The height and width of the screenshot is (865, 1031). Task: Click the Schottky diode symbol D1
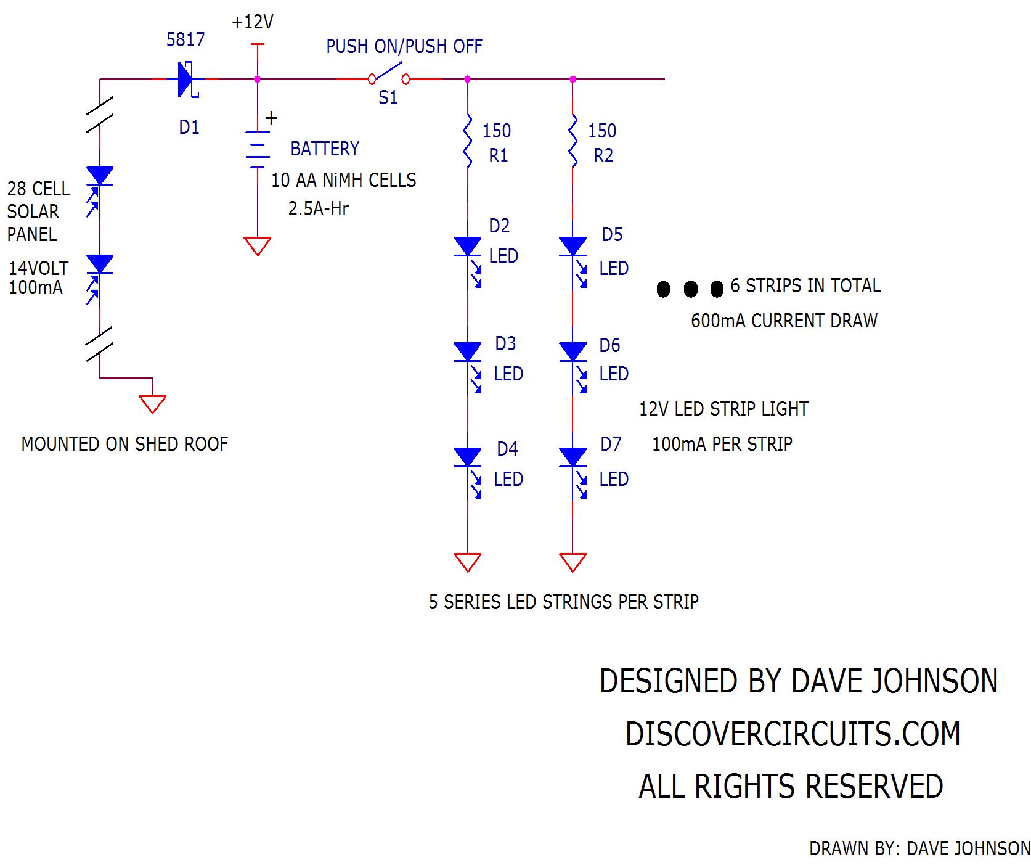[187, 80]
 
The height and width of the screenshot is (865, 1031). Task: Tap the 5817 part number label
[185, 40]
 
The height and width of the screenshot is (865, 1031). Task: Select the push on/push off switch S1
[389, 78]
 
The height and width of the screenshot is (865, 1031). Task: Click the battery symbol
[257, 149]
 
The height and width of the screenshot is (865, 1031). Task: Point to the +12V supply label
[253, 22]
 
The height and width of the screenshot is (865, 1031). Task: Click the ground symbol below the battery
[257, 246]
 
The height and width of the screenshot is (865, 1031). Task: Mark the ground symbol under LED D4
[468, 562]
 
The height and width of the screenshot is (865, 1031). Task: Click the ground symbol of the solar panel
[152, 404]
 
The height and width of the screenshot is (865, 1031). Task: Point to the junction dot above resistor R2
[573, 80]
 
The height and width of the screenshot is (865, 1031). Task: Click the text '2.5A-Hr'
[318, 208]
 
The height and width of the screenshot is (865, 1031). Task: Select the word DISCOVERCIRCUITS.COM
[793, 734]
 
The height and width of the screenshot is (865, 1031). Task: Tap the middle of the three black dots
[691, 289]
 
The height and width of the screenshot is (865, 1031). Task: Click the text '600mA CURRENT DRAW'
[784, 321]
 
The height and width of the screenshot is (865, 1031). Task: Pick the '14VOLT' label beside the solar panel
[38, 268]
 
